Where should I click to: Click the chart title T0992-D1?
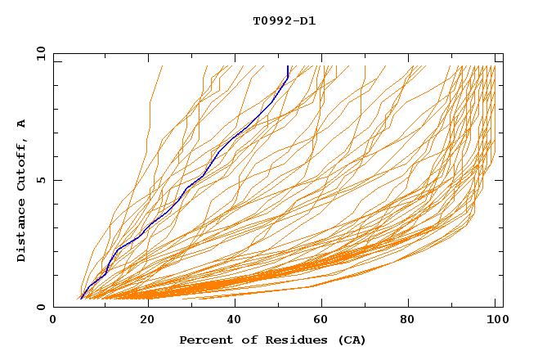pos(284,20)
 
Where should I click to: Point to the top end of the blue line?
pos(288,66)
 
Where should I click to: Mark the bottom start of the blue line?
pos(80,299)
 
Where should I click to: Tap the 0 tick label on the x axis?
pos(54,320)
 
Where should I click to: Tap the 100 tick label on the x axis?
pos(495,320)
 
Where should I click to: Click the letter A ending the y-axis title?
pos(21,124)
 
